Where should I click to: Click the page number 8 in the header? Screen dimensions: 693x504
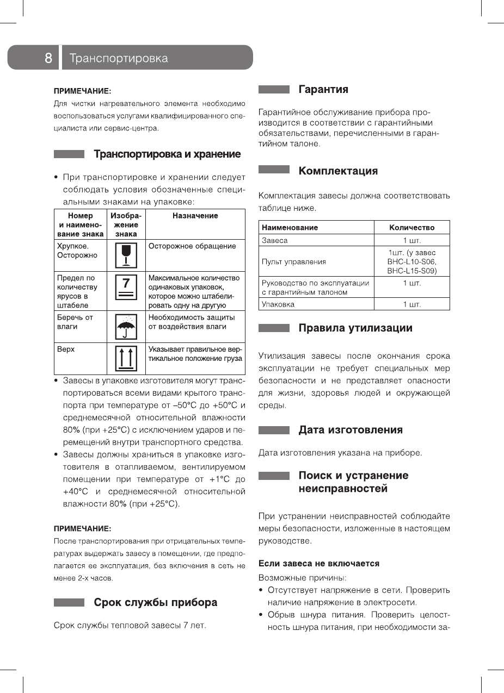(48, 58)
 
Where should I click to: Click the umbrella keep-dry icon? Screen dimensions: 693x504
(126, 327)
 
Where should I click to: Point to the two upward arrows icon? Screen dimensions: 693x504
(126, 358)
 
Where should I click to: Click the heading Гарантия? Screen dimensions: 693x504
(323, 89)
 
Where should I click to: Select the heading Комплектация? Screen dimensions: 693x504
(337, 171)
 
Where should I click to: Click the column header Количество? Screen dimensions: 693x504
(411, 227)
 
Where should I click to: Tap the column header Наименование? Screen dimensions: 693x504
(290, 227)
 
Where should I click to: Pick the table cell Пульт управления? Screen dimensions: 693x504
(294, 261)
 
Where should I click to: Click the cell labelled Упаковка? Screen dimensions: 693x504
(278, 304)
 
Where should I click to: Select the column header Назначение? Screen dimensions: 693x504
(195, 216)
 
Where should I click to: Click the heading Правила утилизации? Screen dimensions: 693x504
(355, 328)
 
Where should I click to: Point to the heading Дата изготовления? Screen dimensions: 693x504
(351, 430)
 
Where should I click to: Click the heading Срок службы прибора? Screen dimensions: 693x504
(155, 602)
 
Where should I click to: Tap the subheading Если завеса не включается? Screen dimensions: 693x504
(319, 563)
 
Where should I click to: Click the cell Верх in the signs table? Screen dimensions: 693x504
(66, 349)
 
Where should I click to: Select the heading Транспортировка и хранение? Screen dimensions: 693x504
(167, 154)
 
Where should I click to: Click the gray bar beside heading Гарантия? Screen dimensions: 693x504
(274, 89)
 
